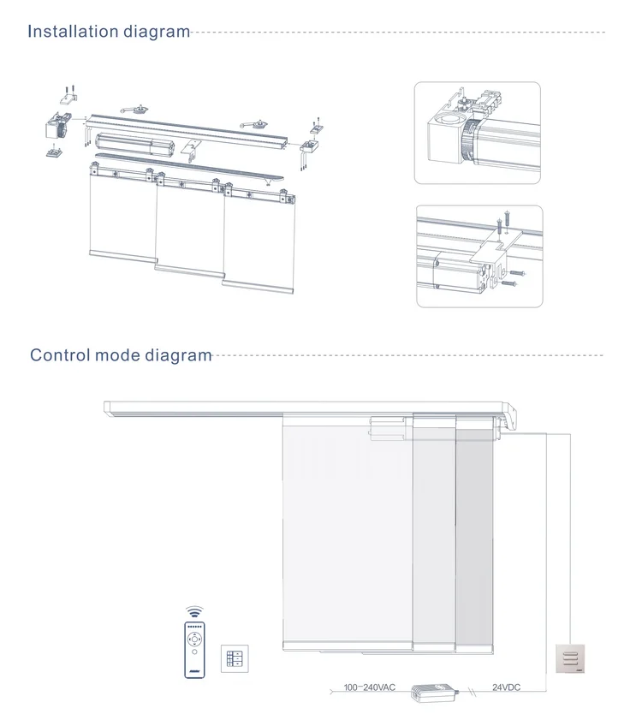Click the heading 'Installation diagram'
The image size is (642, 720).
109,33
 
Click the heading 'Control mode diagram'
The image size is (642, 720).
121,354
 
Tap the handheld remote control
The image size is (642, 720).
198,647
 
